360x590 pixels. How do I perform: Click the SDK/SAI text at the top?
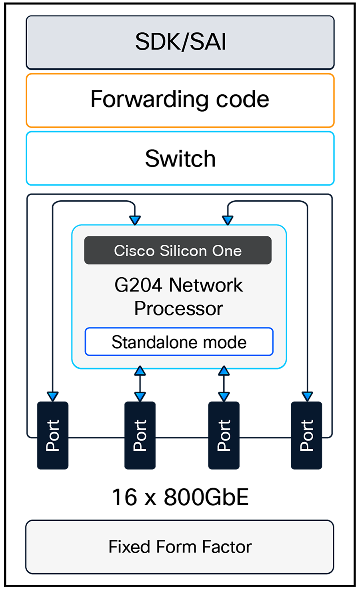click(180, 42)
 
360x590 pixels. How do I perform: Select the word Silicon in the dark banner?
click(183, 251)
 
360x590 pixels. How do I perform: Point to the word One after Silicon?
click(227, 251)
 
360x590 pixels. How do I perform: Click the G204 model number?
click(138, 285)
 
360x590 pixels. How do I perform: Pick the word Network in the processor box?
click(206, 285)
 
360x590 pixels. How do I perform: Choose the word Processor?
click(178, 308)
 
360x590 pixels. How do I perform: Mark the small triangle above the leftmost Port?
click(52, 396)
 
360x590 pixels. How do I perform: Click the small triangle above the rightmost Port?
click(307, 396)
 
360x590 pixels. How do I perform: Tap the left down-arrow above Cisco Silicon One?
click(135, 220)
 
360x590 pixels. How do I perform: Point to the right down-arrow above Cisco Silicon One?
click(228, 220)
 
